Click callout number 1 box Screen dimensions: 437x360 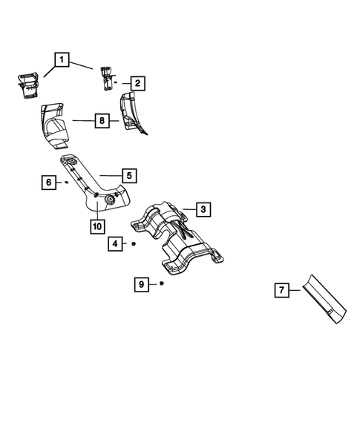(x=61, y=59)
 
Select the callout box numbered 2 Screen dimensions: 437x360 (x=137, y=84)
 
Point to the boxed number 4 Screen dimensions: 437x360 (x=115, y=243)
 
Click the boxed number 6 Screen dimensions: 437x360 (x=49, y=181)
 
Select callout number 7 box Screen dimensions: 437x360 (x=281, y=292)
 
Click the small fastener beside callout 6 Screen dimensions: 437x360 (x=67, y=181)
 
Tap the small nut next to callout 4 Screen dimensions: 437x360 (x=134, y=243)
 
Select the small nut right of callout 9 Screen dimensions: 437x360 (x=161, y=283)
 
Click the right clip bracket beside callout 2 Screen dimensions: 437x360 (x=107, y=78)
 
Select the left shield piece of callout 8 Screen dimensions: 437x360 (x=54, y=122)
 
